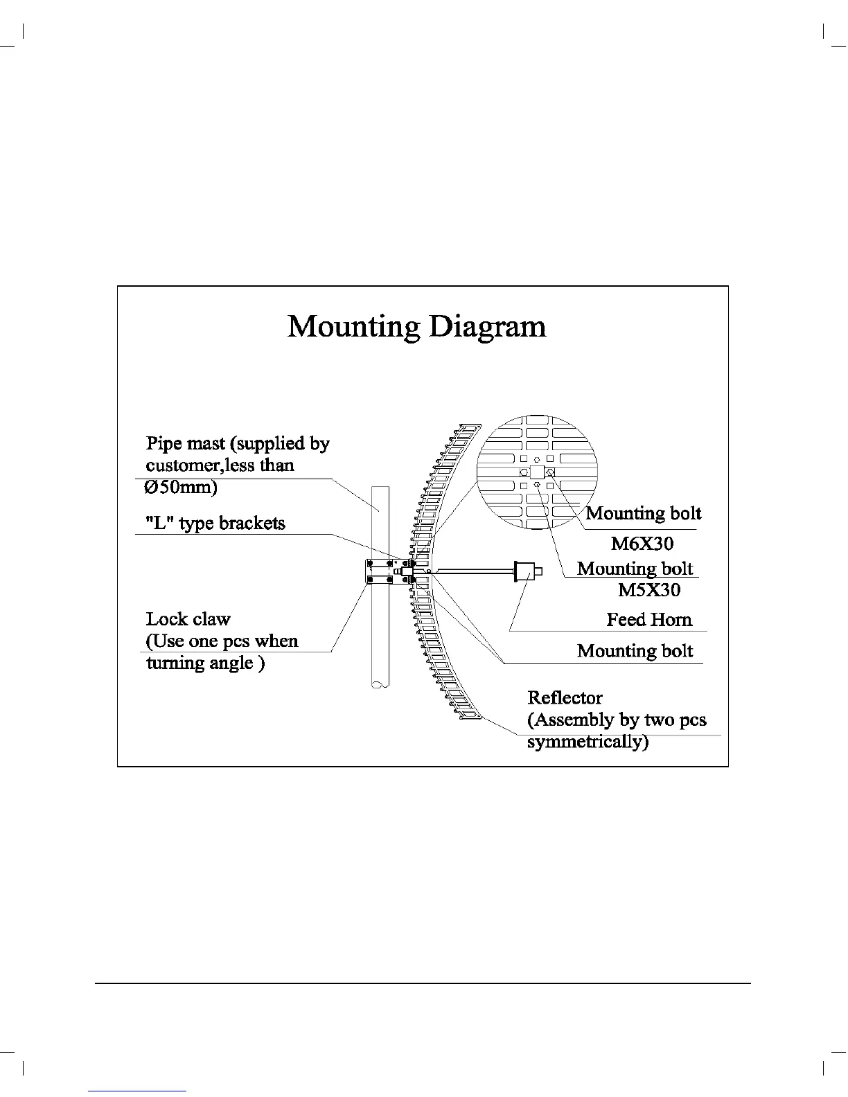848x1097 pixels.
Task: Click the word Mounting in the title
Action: click(353, 326)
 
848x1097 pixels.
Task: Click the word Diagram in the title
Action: click(487, 326)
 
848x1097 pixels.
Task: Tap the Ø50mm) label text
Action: click(181, 487)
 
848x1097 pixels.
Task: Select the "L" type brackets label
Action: click(215, 523)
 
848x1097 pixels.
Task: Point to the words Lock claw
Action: click(188, 618)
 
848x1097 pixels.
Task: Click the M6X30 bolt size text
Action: click(642, 543)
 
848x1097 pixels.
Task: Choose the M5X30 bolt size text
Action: click(649, 590)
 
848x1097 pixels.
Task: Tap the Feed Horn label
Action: click(649, 619)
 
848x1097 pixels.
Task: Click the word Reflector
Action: click(565, 697)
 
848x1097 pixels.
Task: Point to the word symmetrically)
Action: click(588, 742)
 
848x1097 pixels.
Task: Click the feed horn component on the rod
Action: click(528, 571)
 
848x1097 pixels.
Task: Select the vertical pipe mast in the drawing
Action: click(380, 623)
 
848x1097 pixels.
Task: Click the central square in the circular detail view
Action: click(537, 472)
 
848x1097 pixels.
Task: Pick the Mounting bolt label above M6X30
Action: click(644, 513)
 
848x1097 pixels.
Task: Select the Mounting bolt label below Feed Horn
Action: click(635, 650)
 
